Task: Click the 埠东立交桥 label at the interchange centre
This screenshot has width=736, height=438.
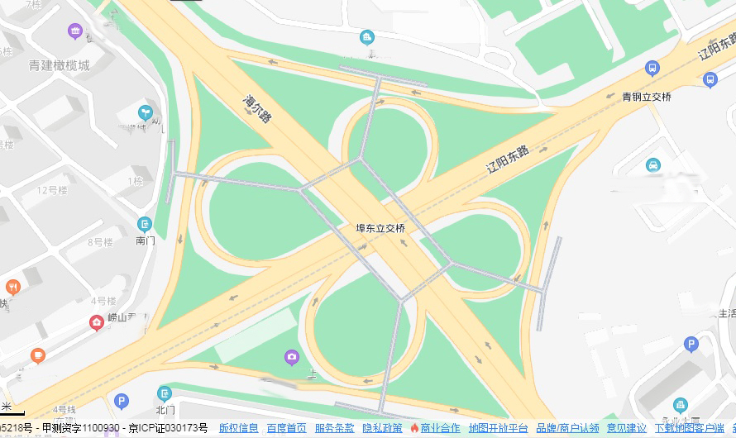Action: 380,228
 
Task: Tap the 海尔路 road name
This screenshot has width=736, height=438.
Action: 257,108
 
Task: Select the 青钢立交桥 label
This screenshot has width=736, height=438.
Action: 647,97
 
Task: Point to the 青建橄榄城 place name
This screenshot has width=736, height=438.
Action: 59,65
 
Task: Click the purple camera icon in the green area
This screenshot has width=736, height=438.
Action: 291,357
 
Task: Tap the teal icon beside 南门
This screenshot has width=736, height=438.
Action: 146,224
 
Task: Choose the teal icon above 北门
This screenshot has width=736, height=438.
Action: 165,393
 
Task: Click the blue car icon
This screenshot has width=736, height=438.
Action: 653,164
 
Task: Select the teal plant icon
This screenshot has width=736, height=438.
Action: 146,112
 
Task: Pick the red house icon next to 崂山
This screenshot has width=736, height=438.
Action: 97,321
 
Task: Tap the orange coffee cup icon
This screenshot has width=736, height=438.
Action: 37,355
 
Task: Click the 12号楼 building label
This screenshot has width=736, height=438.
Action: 51,190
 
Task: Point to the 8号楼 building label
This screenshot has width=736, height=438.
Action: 100,242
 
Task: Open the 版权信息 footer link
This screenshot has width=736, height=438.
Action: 238,428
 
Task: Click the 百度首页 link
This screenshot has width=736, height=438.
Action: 286,428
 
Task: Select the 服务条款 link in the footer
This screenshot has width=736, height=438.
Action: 334,428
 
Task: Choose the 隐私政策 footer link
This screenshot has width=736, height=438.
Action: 382,428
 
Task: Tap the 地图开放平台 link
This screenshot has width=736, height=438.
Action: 498,428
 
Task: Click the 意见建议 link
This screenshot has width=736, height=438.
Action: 627,428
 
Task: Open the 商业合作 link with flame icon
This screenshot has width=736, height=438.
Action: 435,428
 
